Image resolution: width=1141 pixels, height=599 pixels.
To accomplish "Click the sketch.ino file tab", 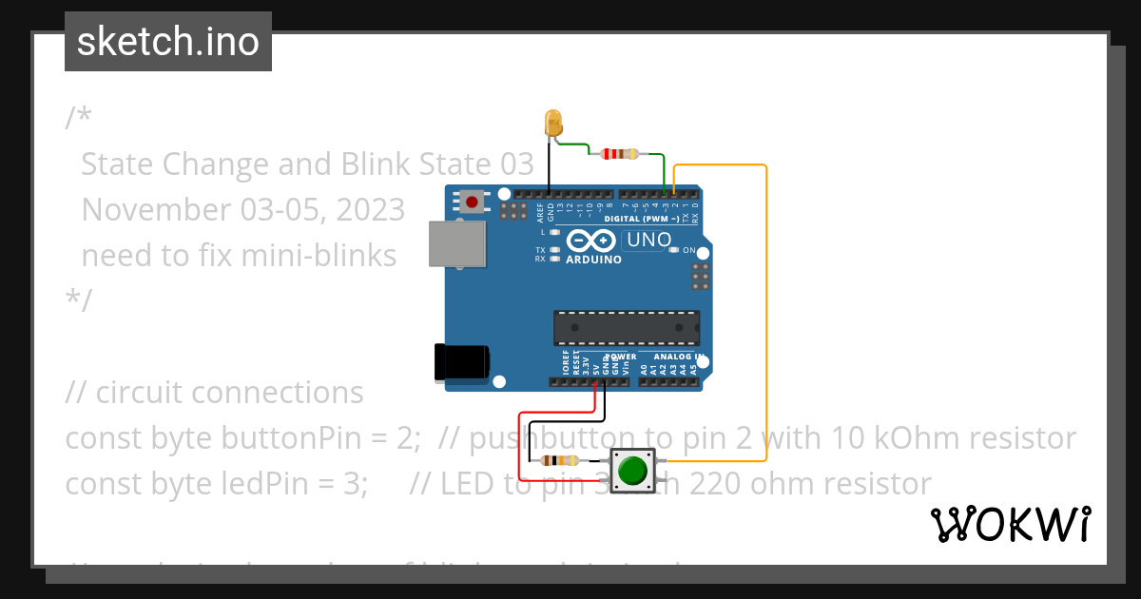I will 168,42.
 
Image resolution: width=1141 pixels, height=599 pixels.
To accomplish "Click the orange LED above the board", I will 552,124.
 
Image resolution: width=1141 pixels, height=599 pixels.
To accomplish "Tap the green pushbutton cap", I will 631,470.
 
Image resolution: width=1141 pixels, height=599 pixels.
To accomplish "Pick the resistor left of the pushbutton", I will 557,461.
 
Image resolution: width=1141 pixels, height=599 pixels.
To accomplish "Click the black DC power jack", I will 460,362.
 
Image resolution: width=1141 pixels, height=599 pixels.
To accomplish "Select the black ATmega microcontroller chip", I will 627,328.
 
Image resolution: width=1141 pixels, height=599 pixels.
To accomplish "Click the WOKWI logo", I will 1010,524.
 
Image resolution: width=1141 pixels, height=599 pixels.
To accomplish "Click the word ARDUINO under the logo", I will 593,260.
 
